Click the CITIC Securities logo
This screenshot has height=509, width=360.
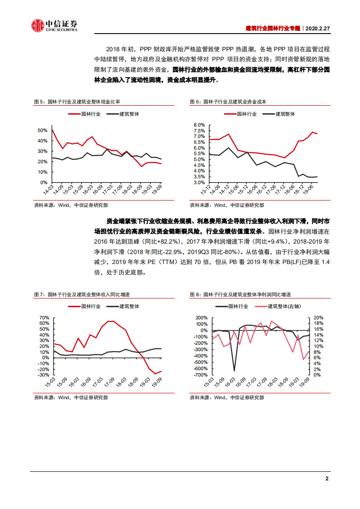pyautogui.click(x=54, y=26)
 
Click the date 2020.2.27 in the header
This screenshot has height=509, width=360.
pyautogui.click(x=317, y=28)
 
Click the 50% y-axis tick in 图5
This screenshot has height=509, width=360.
pyautogui.click(x=43, y=131)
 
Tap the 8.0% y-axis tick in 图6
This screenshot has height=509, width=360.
pyautogui.click(x=199, y=125)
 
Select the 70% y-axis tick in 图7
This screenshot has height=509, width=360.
pyautogui.click(x=44, y=318)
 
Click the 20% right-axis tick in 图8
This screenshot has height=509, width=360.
pyautogui.click(x=318, y=318)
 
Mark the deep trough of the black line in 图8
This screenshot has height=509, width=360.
pyautogui.click(x=234, y=371)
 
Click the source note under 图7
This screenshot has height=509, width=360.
pyautogui.click(x=71, y=397)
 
